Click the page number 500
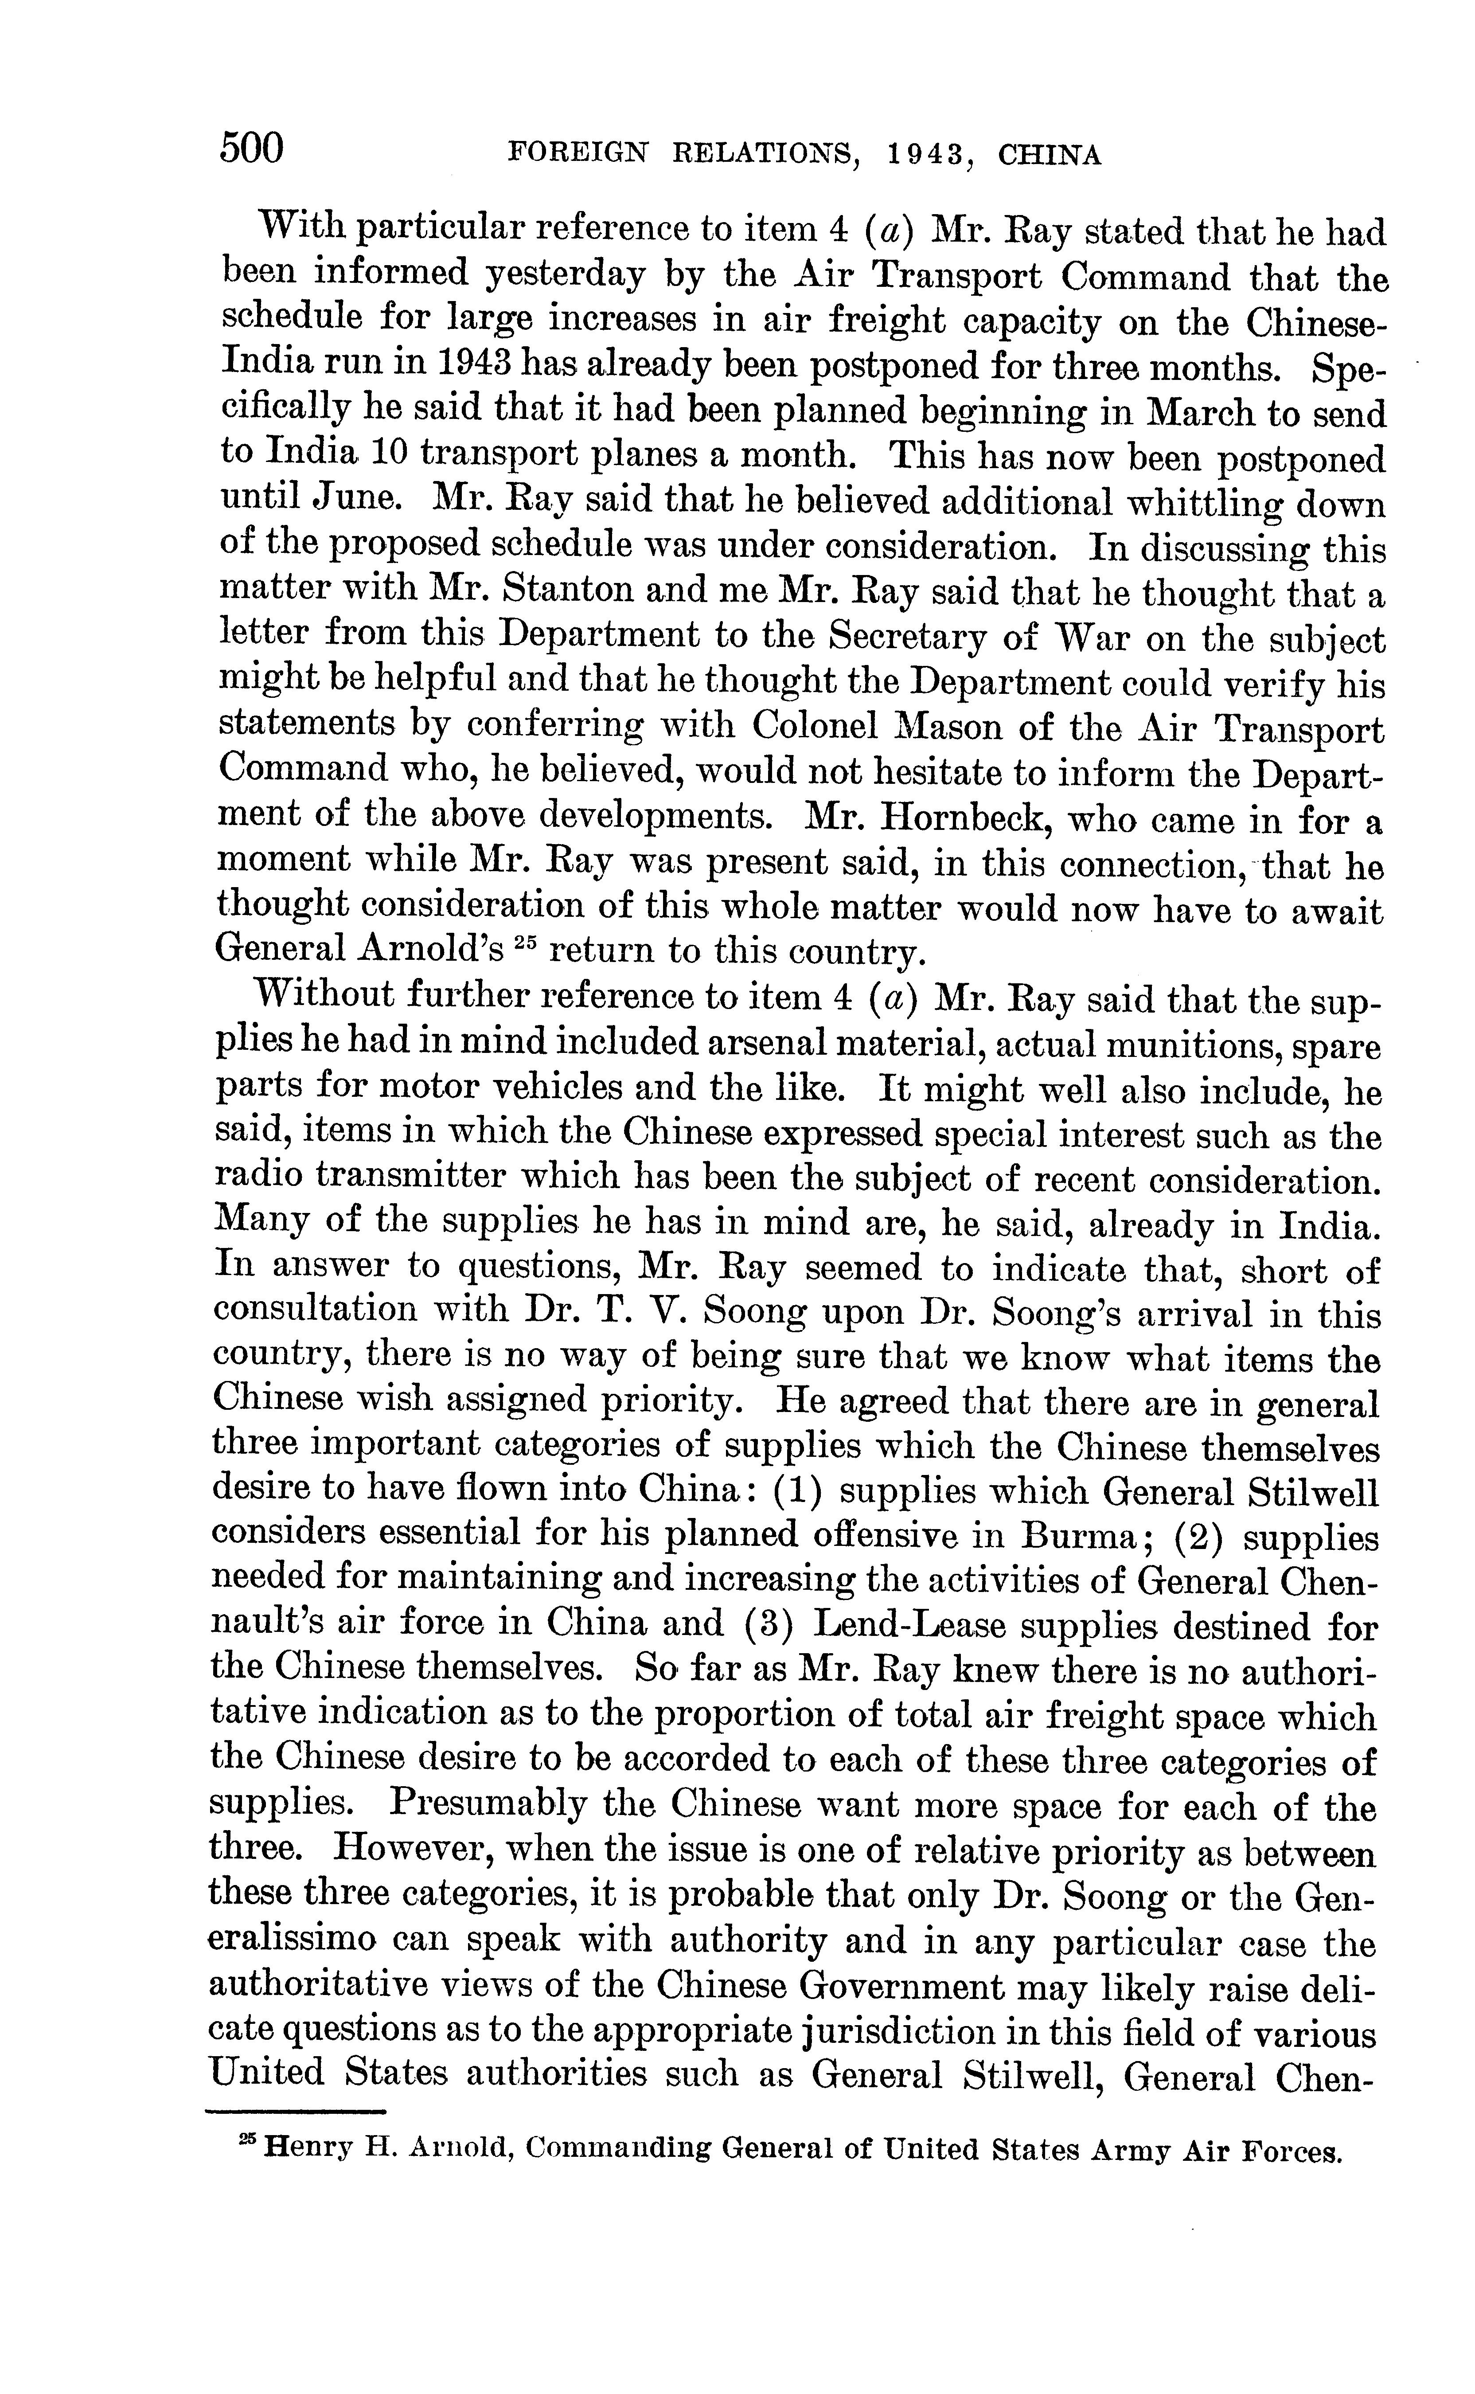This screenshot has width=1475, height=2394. coord(252,148)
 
